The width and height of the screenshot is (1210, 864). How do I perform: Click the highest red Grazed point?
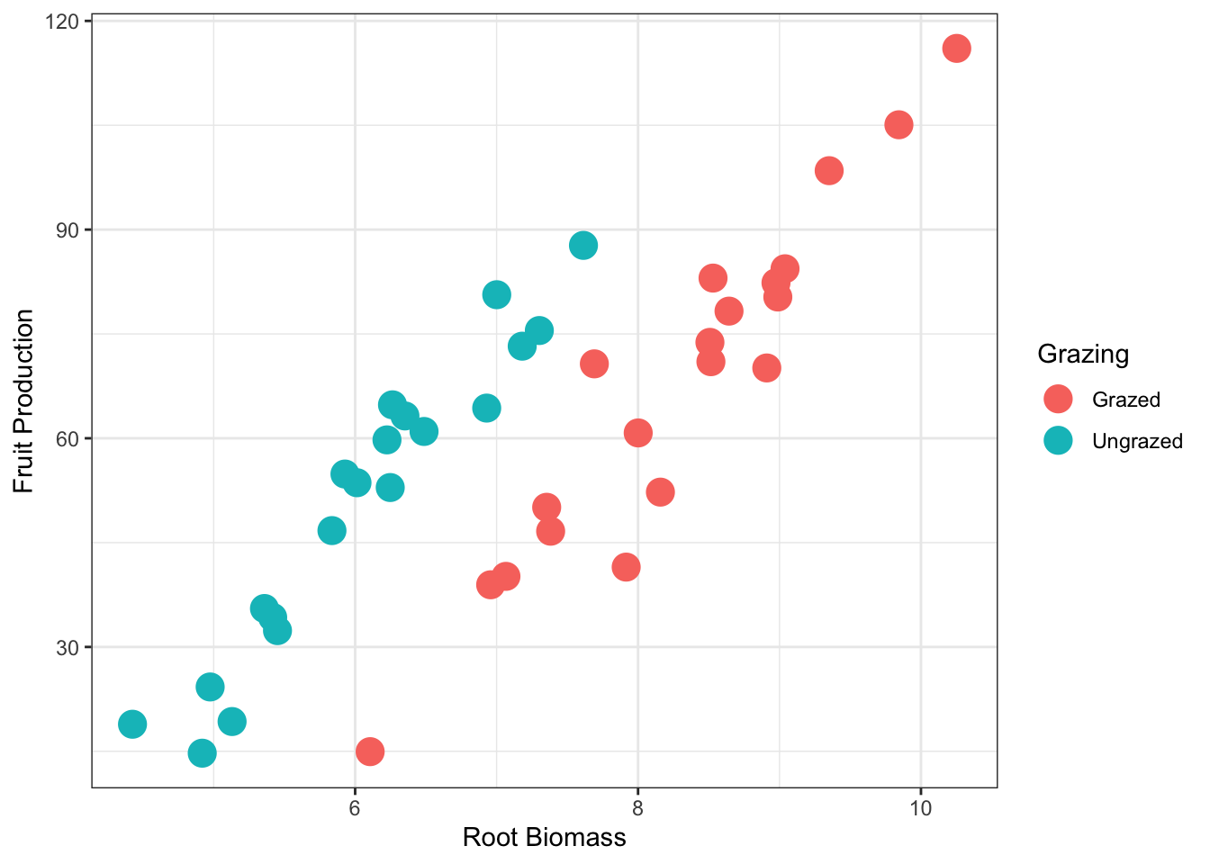coord(956,49)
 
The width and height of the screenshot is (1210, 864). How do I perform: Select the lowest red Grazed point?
coord(370,751)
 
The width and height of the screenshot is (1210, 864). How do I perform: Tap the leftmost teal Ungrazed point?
coord(132,724)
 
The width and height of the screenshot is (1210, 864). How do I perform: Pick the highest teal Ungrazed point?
coord(583,246)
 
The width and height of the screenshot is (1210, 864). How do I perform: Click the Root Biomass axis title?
coord(544,838)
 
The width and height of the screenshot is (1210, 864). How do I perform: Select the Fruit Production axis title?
coord(24,401)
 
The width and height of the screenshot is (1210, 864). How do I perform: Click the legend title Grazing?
coord(1083,354)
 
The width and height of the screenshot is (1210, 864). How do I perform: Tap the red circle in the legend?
coord(1058,400)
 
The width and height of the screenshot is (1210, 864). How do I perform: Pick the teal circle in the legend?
coord(1058,440)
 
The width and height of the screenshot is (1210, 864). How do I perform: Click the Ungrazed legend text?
coord(1137,441)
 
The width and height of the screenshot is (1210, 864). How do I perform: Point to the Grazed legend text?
coord(1126,400)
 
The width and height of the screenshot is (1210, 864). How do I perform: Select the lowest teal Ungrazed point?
coord(203,752)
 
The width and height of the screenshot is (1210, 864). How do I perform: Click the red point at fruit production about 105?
coord(898,125)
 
